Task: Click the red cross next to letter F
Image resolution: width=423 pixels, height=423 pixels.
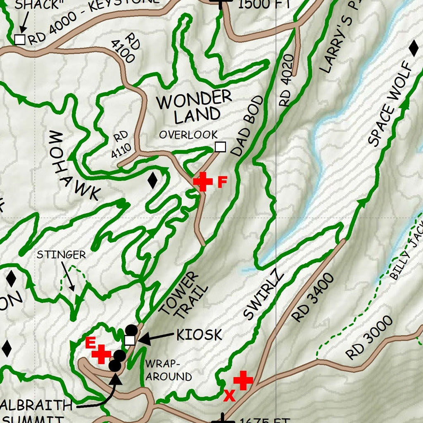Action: point(202,181)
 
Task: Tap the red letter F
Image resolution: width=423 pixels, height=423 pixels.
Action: point(222,182)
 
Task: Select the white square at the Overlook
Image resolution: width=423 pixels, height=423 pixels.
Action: point(221,147)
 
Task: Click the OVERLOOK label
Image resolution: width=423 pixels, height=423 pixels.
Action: point(188,135)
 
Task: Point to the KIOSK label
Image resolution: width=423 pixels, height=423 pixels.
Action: point(199,335)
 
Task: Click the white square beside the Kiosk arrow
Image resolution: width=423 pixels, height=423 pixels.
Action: point(130,340)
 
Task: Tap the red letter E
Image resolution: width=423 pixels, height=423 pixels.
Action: point(90,342)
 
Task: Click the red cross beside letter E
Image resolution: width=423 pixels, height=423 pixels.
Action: point(102,354)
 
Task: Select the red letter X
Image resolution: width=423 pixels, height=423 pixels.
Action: point(229,396)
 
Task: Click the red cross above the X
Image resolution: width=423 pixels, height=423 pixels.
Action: point(243,380)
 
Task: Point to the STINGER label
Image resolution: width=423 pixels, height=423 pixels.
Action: point(61,254)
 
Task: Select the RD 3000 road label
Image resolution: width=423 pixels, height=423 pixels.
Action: point(369,338)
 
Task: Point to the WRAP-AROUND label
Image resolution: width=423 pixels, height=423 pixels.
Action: point(168,370)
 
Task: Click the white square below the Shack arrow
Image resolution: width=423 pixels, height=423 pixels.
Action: point(19,40)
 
